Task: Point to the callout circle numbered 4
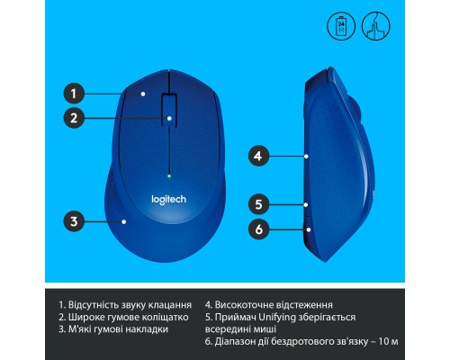257,156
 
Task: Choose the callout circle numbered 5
257,203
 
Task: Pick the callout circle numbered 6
257,229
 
